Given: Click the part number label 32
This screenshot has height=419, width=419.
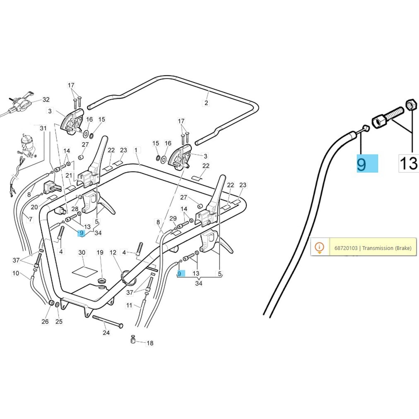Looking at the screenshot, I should [x=46, y=100].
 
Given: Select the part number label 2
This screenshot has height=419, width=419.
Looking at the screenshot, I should [x=206, y=103].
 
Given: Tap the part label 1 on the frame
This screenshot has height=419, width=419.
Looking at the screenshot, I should [x=136, y=150].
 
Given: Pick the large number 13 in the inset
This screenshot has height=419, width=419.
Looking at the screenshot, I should [x=409, y=164].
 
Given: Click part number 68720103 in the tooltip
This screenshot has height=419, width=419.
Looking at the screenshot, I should [x=346, y=248].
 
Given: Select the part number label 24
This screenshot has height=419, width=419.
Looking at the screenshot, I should [x=106, y=333].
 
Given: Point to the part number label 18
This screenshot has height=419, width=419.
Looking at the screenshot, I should [x=150, y=343].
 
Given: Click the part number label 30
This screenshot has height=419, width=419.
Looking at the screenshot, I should [x=82, y=252].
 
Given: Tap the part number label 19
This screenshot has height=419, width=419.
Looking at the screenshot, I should [x=100, y=252].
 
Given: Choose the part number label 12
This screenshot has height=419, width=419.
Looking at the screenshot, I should [x=113, y=252].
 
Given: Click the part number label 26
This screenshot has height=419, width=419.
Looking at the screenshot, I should [x=45, y=322].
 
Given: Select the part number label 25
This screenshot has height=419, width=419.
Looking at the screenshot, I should [x=59, y=322].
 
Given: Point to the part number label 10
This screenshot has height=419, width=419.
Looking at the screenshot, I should [x=16, y=273].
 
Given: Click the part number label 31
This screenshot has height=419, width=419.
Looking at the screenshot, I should [x=43, y=128].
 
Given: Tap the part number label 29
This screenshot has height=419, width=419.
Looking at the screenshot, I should [x=173, y=218].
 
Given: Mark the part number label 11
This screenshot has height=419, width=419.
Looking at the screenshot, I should [x=129, y=305].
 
